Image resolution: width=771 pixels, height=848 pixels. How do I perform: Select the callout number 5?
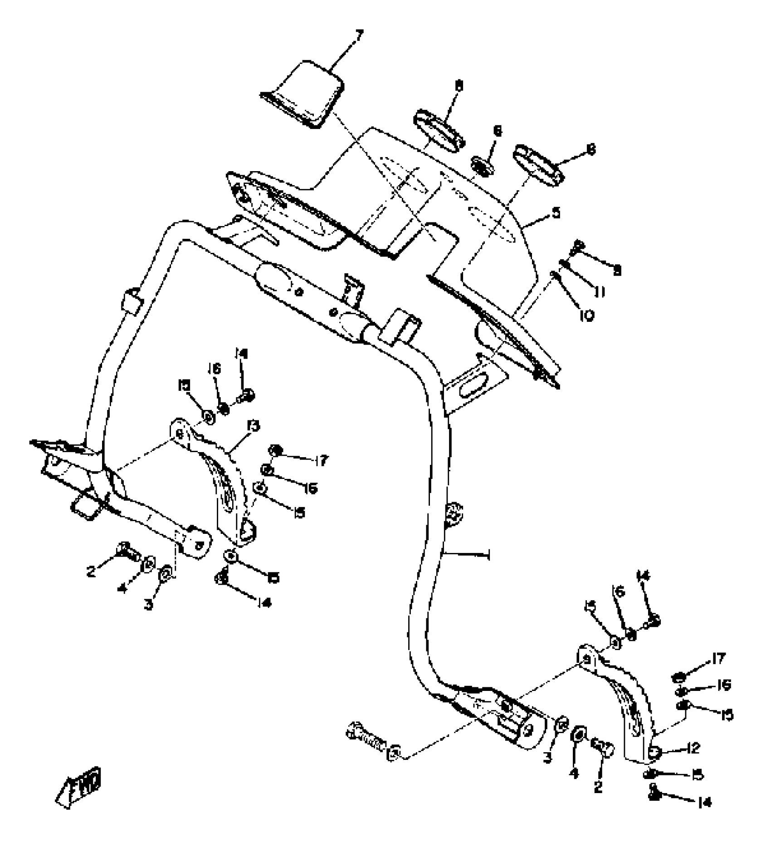556,213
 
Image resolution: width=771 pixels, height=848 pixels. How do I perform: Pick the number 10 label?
586,315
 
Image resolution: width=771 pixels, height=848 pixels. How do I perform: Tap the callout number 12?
693,748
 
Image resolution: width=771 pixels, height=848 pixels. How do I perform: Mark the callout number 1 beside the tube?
488,554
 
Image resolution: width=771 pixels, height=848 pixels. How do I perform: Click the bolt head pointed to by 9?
579,245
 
